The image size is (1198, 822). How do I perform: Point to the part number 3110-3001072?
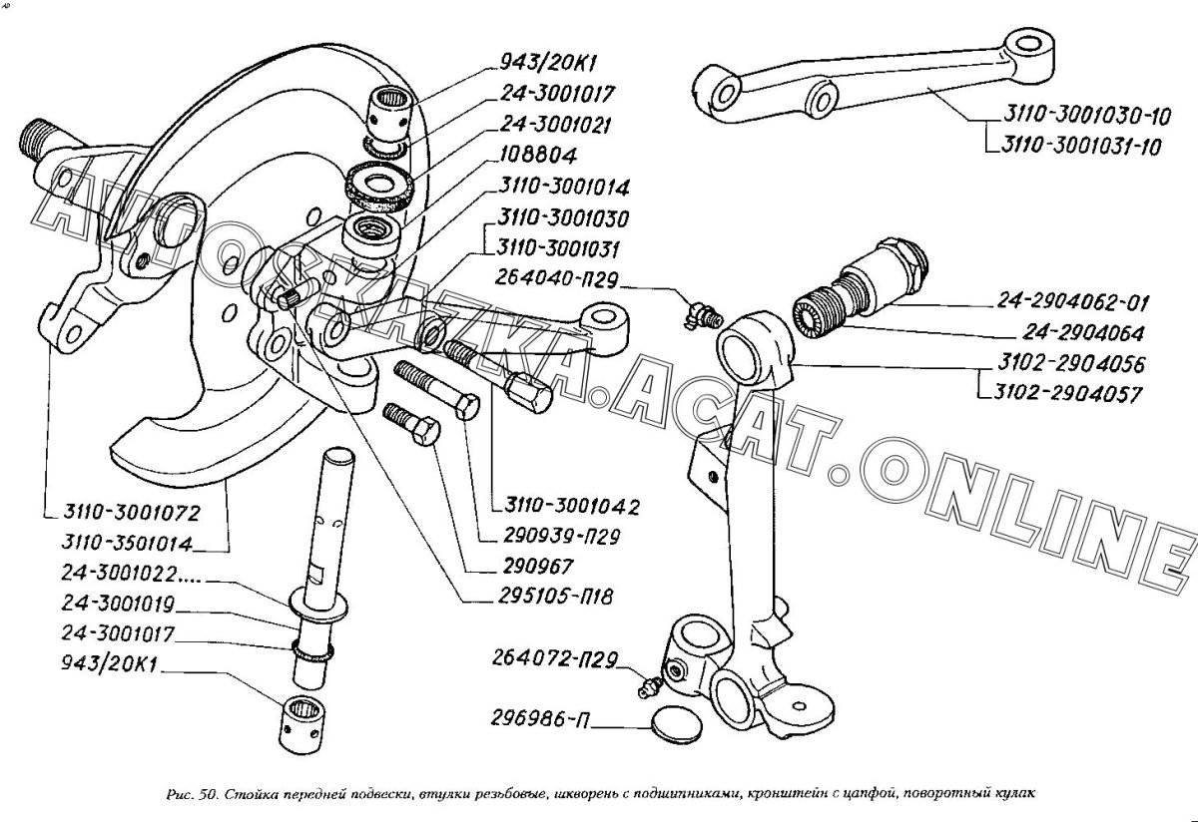click(x=127, y=514)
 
